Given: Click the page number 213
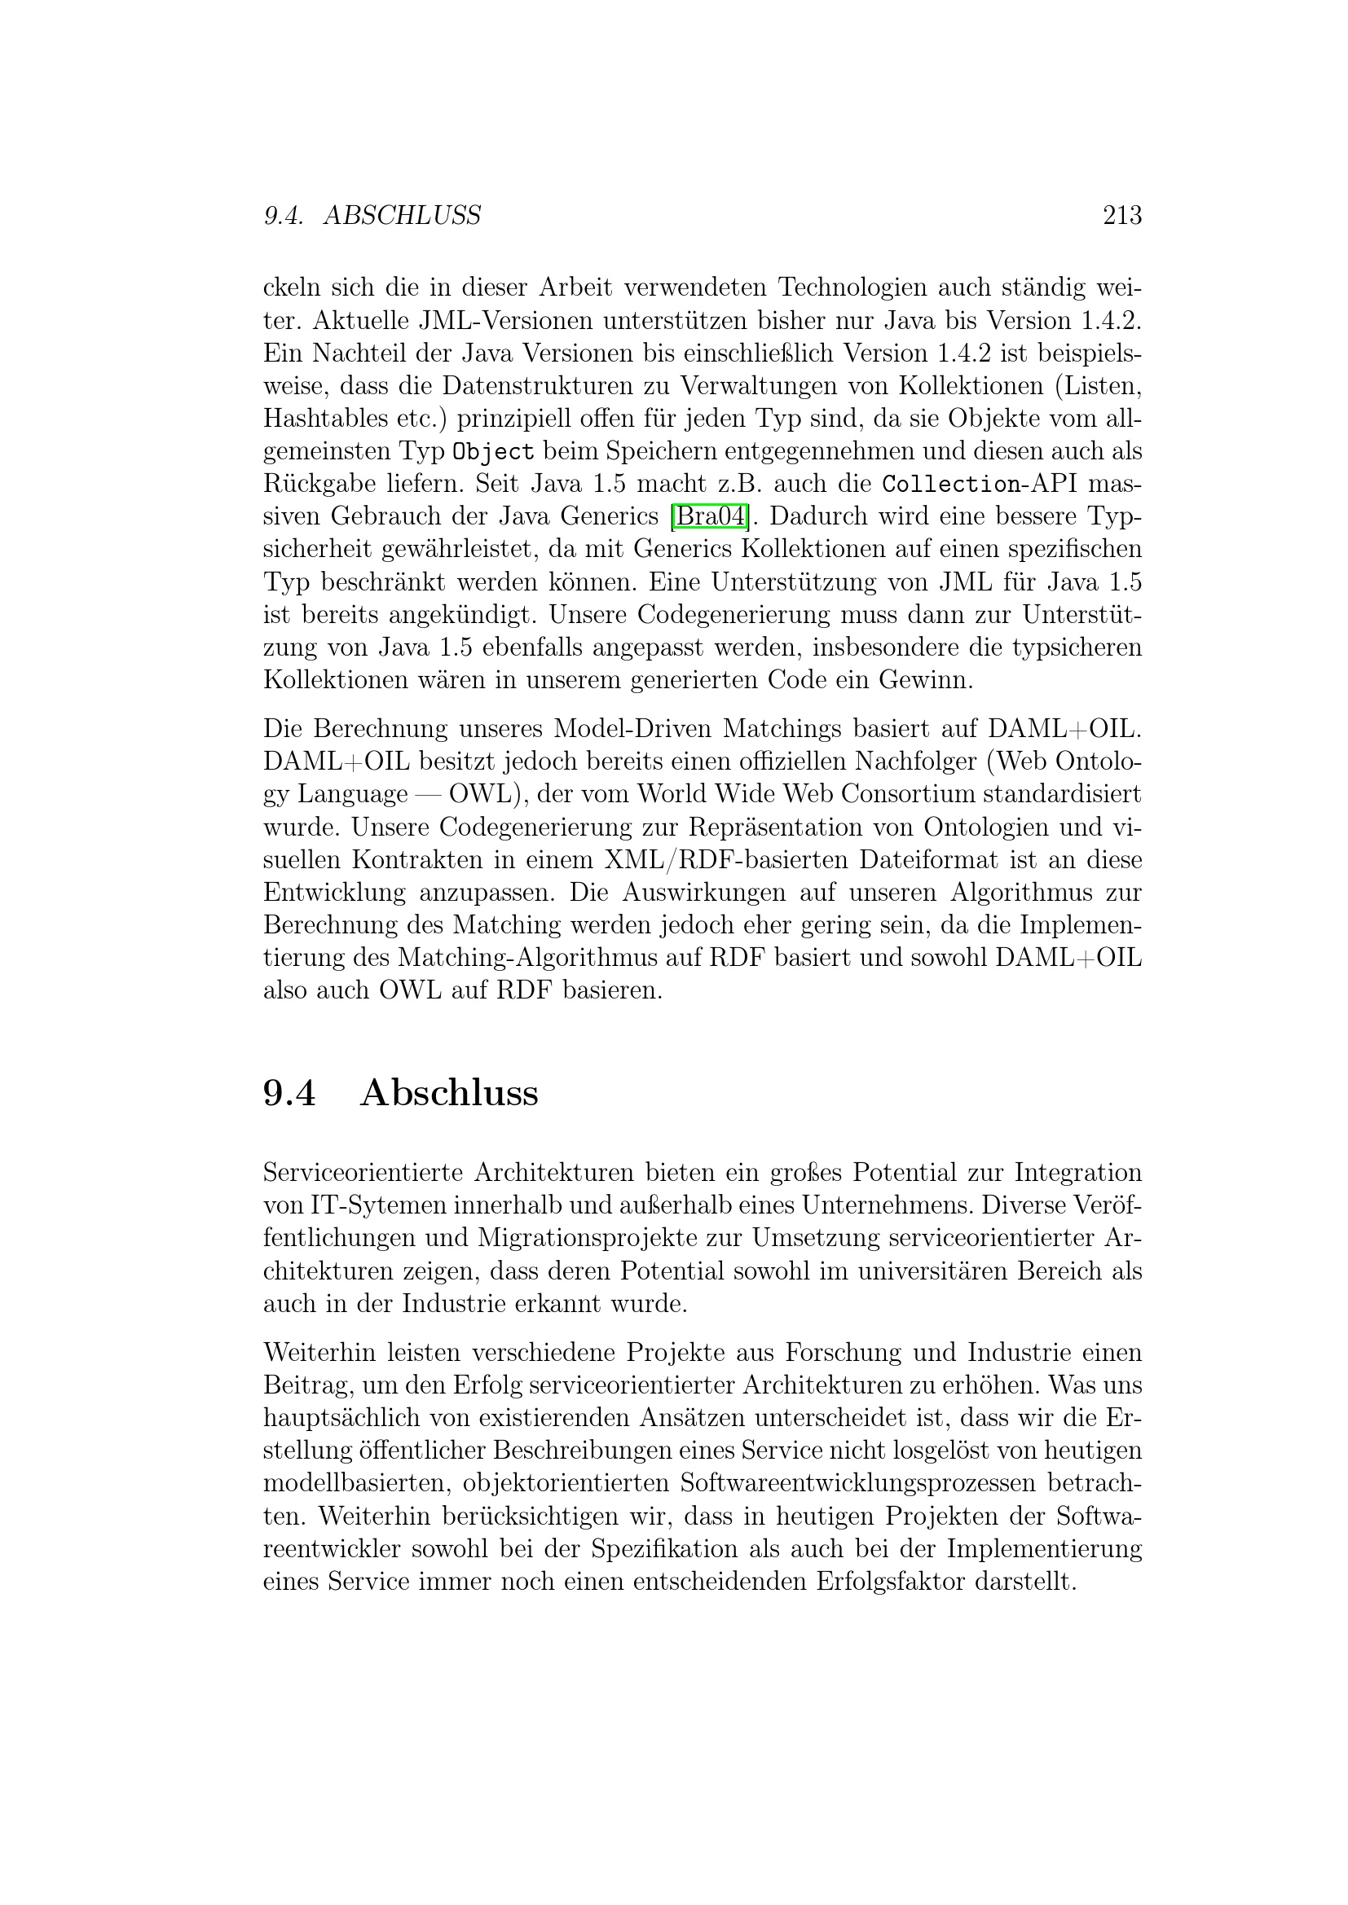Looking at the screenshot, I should pyautogui.click(x=1121, y=216).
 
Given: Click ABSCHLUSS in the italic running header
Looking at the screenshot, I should pyautogui.click(x=402, y=216).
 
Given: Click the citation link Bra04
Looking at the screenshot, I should pyautogui.click(x=709, y=516).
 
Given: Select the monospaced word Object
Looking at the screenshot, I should pyautogui.click(x=493, y=452).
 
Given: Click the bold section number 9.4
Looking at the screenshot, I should pyautogui.click(x=289, y=1093).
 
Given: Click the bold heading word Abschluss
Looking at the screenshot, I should pyautogui.click(x=449, y=1093).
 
